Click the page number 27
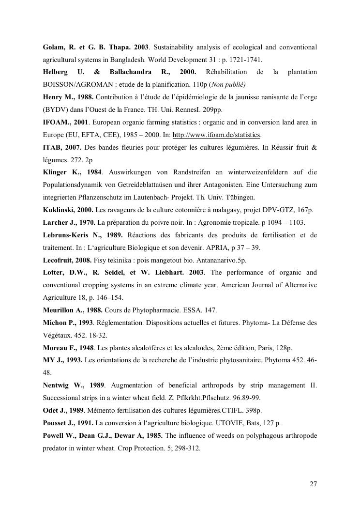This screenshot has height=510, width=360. point(313,484)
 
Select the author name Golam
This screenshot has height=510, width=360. point(54,47)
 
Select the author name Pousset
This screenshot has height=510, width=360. point(55,423)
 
